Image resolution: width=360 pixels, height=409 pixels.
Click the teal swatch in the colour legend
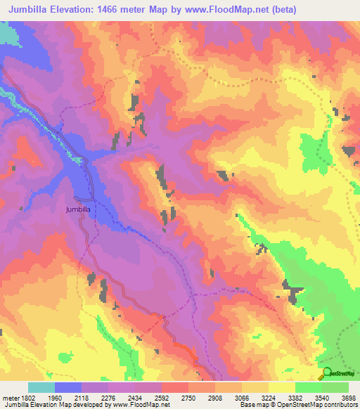click(x=41, y=387)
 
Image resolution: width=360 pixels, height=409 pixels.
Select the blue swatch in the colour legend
click(x=67, y=387)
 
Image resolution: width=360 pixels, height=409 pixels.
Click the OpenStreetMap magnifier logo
click(x=326, y=374)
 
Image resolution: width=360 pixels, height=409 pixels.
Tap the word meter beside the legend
click(x=8, y=397)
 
